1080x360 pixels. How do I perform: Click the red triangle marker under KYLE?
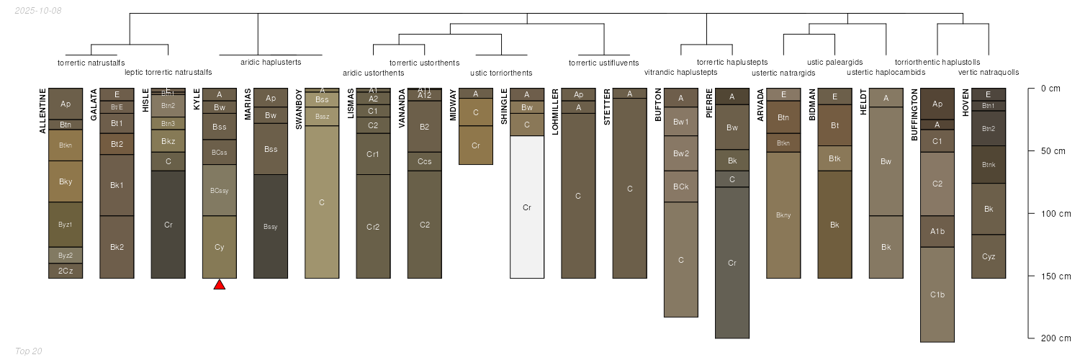[x=220, y=285]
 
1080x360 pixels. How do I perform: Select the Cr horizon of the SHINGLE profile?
[x=527, y=207]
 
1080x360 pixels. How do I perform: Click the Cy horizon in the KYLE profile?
[x=220, y=247]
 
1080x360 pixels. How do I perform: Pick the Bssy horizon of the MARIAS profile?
[x=271, y=227]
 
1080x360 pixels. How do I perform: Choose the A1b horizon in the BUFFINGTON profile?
[x=937, y=231]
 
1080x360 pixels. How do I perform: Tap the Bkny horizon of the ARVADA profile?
[x=783, y=215]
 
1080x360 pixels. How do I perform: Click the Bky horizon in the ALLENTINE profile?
[x=66, y=181]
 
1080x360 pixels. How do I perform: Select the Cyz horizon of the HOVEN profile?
[x=989, y=256]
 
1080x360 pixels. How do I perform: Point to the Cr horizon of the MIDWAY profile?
[x=476, y=145]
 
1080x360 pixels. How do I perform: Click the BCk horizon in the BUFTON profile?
[x=681, y=186]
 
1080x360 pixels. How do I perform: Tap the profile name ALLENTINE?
[x=42, y=111]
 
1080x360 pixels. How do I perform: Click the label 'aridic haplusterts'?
[x=271, y=63]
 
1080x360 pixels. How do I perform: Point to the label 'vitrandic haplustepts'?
[x=680, y=73]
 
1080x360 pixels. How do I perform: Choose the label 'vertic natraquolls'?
[x=989, y=73]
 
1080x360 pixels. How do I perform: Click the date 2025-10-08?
[x=38, y=11]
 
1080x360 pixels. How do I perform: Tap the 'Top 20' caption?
[x=29, y=351]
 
